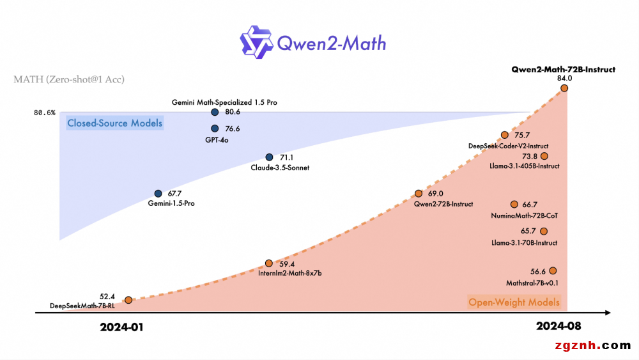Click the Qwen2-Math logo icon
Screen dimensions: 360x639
tap(257, 42)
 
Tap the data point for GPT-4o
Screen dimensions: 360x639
tap(215, 129)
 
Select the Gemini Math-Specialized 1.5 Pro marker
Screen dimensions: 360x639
tap(215, 112)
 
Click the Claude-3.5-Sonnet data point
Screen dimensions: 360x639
tap(269, 157)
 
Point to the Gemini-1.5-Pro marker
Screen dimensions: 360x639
tap(158, 193)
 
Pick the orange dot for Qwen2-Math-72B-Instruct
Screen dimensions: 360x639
tap(564, 88)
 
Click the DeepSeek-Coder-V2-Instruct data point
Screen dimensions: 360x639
tap(505, 135)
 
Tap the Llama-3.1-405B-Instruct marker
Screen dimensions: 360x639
tap(544, 156)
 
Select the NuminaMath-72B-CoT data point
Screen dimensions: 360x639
tap(514, 205)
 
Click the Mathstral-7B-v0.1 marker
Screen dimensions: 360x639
tap(553, 271)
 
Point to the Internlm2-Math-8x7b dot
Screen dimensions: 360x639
tap(269, 263)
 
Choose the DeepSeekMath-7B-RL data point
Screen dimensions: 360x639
tap(128, 300)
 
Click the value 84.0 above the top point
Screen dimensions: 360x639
tap(564, 78)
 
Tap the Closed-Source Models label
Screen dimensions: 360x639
tap(115, 123)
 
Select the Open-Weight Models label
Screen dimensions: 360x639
tap(514, 302)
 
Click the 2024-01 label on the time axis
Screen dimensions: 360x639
tap(122, 327)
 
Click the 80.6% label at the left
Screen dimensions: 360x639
tap(45, 113)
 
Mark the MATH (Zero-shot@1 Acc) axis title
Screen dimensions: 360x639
tap(69, 80)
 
